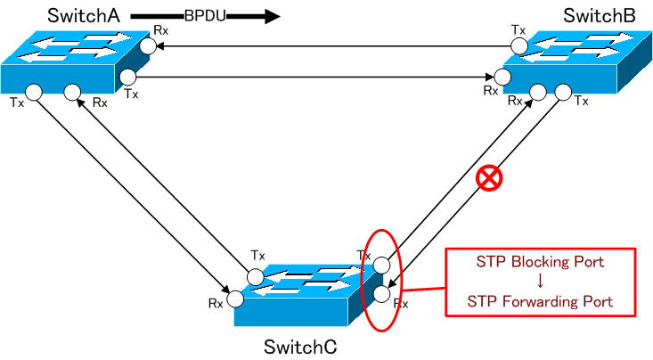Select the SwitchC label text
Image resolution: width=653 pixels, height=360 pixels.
point(300,345)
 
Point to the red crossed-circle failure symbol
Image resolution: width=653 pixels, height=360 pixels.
point(488,179)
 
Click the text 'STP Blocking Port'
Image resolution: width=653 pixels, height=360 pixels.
point(540,262)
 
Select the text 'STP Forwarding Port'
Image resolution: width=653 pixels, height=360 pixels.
point(540,301)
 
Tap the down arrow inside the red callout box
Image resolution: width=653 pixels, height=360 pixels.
point(540,282)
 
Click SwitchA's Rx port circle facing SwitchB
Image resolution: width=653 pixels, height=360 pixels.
point(146,44)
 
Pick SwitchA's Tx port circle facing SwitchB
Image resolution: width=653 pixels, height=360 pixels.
point(128,77)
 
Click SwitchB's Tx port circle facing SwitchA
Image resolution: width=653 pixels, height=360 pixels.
point(517,45)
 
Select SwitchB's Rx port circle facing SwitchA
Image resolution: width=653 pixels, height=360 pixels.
point(504,78)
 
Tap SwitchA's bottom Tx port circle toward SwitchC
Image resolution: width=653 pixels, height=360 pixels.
point(34,91)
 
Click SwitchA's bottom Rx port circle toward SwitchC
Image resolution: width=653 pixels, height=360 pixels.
point(73,91)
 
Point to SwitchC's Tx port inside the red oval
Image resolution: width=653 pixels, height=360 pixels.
point(380,265)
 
